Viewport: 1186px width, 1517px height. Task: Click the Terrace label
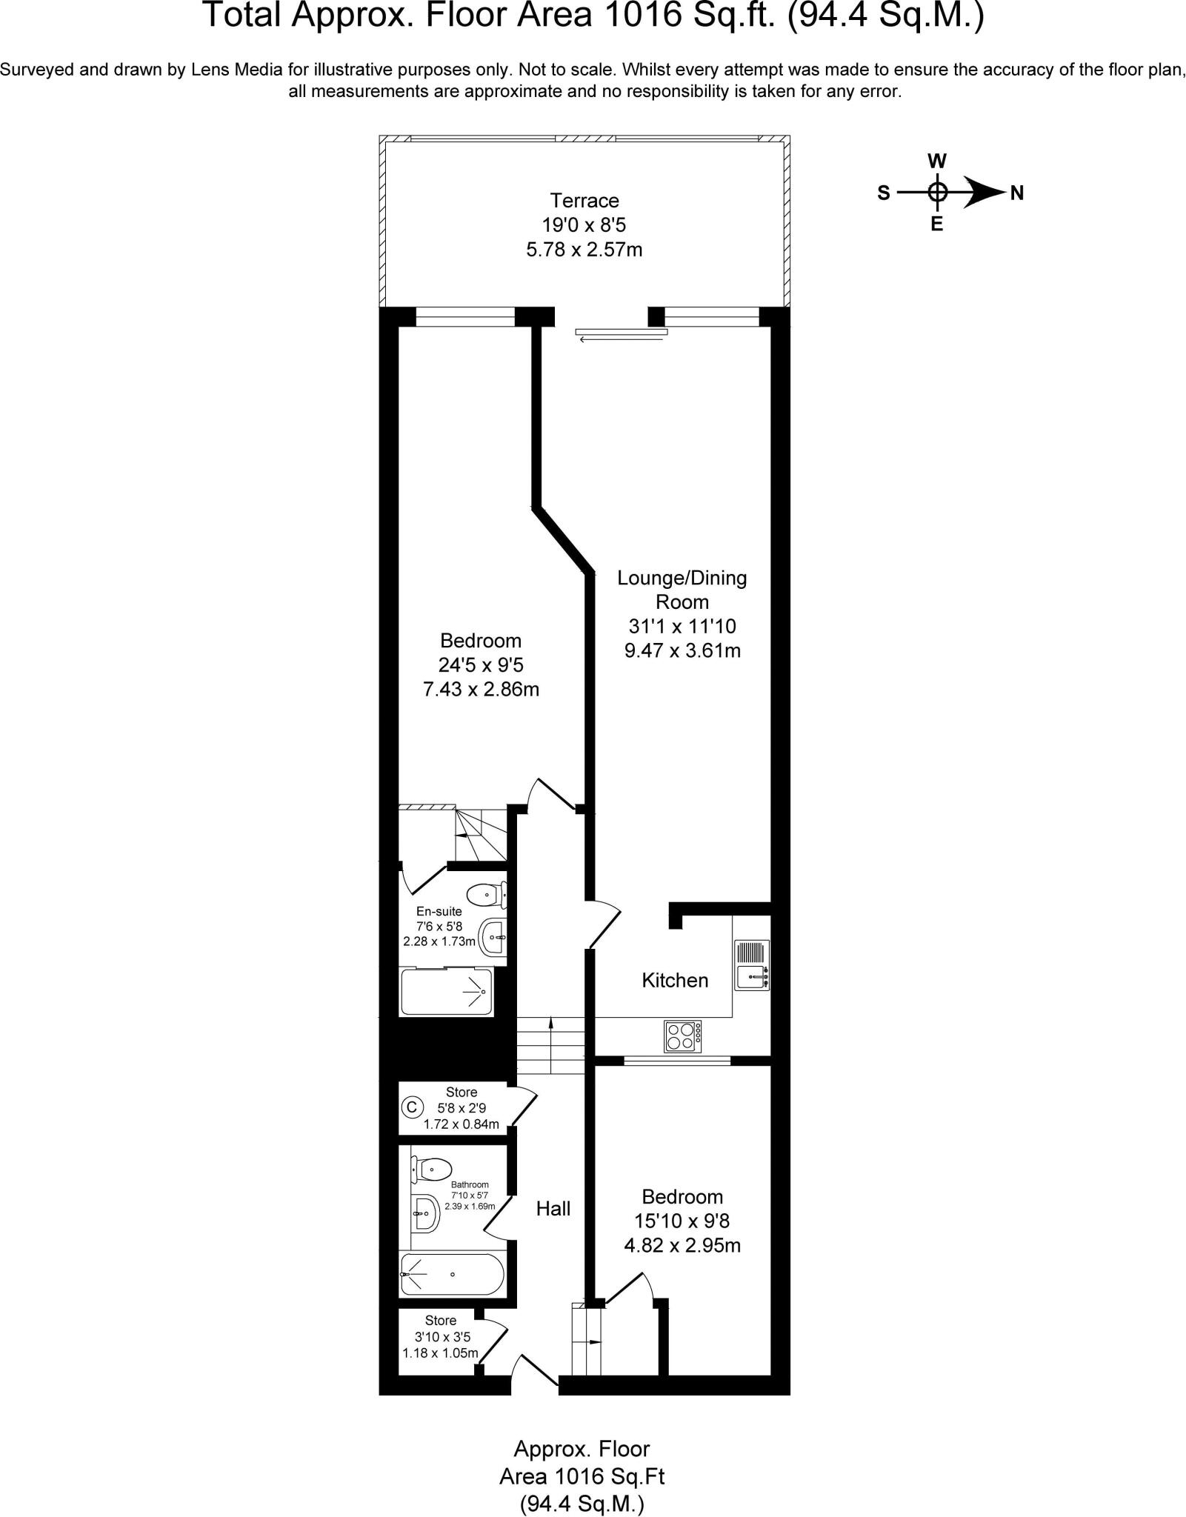(584, 201)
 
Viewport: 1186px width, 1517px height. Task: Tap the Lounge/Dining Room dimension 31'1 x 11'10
(682, 627)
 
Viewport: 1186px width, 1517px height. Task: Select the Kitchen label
(675, 980)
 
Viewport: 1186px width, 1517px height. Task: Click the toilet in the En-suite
(486, 895)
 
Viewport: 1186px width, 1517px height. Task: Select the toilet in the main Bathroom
(432, 1170)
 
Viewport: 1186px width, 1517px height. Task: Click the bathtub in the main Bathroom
(452, 1274)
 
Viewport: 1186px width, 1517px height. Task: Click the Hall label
(553, 1209)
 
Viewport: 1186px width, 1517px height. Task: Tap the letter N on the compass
(1017, 193)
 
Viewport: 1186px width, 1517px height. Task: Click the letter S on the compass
(884, 193)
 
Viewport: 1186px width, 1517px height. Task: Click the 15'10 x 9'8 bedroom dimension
(682, 1221)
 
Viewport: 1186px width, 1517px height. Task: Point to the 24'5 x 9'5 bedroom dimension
(481, 665)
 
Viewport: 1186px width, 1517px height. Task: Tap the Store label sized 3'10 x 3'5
(441, 1320)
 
